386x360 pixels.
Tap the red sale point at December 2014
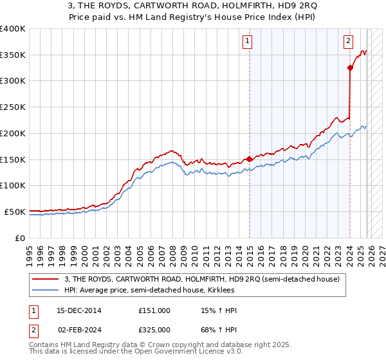(x=249, y=158)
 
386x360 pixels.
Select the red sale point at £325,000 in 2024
(x=350, y=67)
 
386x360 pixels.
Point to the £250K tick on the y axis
(x=13, y=107)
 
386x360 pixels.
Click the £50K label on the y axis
(x=15, y=212)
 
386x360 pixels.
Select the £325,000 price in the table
(x=154, y=329)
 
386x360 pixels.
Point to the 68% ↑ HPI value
(x=219, y=329)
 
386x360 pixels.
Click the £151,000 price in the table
(x=154, y=310)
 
